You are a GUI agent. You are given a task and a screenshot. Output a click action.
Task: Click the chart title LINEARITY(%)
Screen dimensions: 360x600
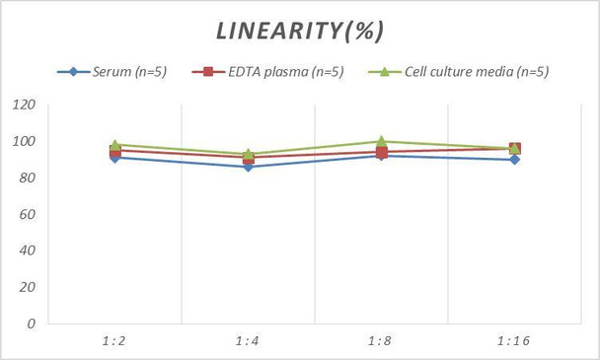300,31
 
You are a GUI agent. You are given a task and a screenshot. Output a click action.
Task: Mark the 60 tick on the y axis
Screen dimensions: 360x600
28,214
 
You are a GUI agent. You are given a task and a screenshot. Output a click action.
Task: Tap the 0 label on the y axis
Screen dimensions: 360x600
32,323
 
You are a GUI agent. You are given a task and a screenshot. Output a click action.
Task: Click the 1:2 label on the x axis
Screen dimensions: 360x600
114,340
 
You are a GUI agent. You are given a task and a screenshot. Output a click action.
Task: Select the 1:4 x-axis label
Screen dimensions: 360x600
248,340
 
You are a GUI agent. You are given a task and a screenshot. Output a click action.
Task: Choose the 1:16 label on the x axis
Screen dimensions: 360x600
514,340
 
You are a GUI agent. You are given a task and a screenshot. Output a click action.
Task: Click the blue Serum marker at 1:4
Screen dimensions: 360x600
248,167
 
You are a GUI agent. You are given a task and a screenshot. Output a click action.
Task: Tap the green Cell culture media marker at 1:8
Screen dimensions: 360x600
381,141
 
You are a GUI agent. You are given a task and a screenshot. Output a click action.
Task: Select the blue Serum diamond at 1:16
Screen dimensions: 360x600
514,159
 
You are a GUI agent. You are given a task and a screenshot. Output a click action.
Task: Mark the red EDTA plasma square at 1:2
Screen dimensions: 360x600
115,152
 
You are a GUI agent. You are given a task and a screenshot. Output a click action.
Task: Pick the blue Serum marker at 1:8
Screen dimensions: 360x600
381,156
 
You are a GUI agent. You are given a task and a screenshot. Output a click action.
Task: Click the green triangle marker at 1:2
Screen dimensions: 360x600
115,144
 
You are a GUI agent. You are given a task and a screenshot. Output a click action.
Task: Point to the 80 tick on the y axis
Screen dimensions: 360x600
28,179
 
